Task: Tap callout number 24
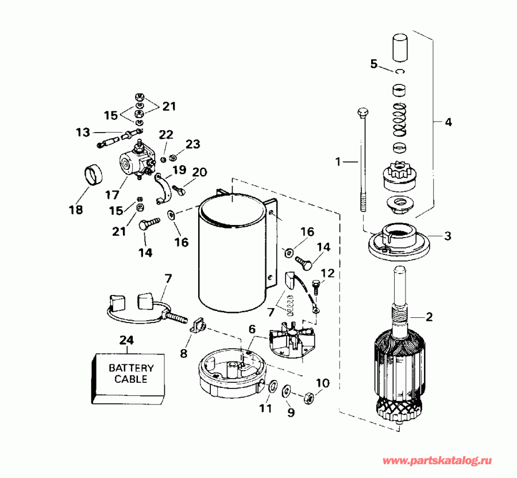pyautogui.click(x=126, y=340)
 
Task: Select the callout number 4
pyautogui.click(x=448, y=122)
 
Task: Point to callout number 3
pyautogui.click(x=448, y=236)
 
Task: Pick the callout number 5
pyautogui.click(x=374, y=64)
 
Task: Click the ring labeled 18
pyautogui.click(x=92, y=175)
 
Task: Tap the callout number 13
pyautogui.click(x=82, y=133)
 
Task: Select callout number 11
pyautogui.click(x=265, y=408)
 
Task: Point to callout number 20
pyautogui.click(x=199, y=172)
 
